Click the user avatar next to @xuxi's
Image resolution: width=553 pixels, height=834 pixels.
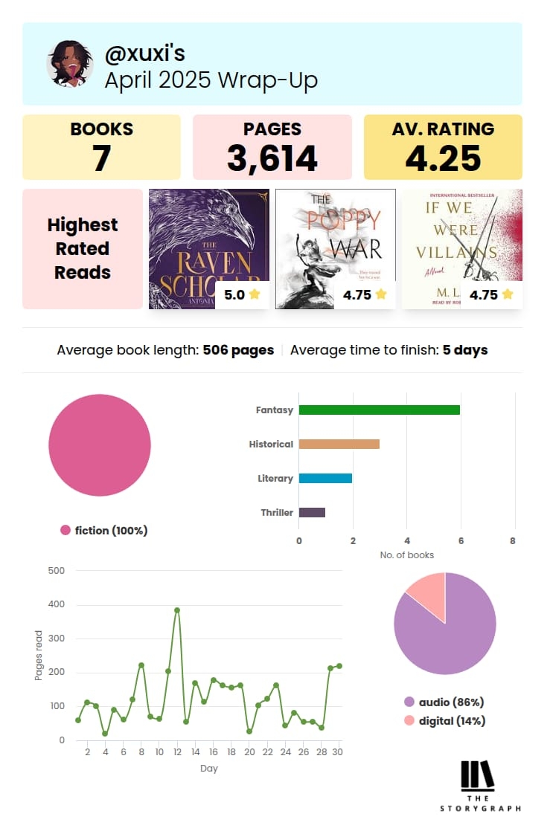coord(69,63)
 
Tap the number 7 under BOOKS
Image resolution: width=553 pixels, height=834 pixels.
coord(101,158)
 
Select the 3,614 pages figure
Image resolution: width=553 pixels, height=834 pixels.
coord(272,158)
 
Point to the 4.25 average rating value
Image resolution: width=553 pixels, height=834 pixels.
coord(443,158)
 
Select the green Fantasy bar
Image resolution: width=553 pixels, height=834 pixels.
coord(379,410)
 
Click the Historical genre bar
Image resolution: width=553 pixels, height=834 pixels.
coord(339,444)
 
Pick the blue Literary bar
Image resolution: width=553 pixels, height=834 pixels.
coord(325,478)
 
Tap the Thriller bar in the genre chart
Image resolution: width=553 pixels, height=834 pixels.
coord(312,512)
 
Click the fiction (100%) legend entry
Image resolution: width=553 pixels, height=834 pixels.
coord(104,530)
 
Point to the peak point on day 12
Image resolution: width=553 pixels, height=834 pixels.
coord(177,610)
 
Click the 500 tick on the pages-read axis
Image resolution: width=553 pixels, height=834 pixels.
coord(57,571)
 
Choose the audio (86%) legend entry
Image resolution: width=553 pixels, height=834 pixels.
coord(444,702)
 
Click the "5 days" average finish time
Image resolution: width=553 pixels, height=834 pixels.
coord(465,349)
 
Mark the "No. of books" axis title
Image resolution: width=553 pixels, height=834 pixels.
coord(406,555)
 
